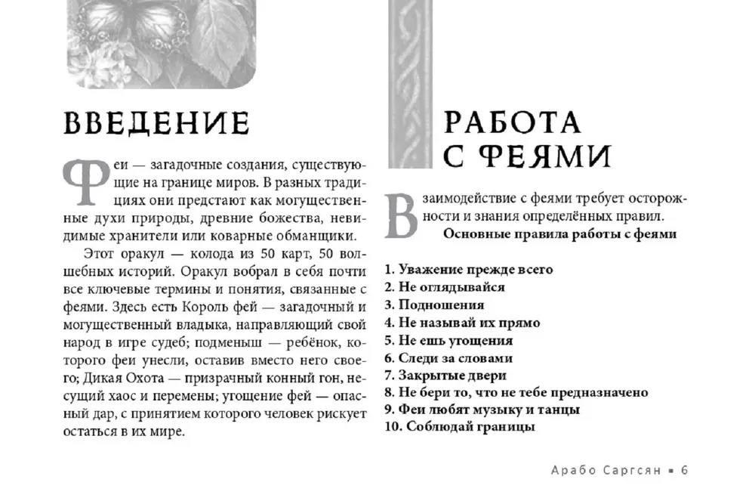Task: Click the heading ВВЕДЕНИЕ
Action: coord(156,123)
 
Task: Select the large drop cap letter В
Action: coord(402,215)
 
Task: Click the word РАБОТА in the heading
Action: coord(512,123)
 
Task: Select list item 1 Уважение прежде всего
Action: coord(469,269)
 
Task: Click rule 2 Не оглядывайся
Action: coord(445,287)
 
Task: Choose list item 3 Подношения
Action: coord(434,305)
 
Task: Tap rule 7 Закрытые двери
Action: coord(445,375)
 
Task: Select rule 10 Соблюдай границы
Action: coord(460,428)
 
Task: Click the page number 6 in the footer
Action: coord(685,469)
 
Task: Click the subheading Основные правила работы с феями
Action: coord(559,234)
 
